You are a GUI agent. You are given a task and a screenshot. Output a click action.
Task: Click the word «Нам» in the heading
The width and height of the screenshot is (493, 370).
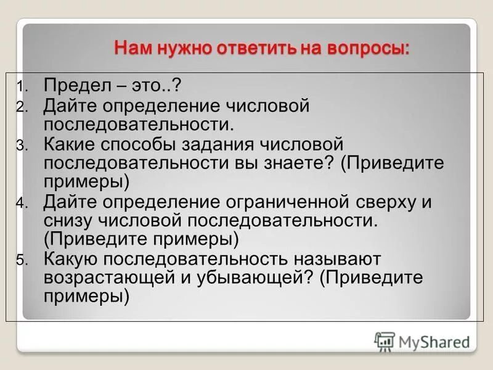pyautogui.click(x=132, y=49)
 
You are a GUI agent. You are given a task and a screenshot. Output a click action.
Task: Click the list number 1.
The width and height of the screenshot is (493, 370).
pyautogui.click(x=20, y=86)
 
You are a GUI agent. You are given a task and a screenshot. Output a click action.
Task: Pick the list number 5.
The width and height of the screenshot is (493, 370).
pyautogui.click(x=20, y=261)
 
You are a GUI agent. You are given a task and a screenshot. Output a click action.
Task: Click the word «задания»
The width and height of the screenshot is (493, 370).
pyautogui.click(x=224, y=144)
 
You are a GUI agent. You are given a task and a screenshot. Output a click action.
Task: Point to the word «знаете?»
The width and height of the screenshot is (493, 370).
pyautogui.click(x=290, y=163)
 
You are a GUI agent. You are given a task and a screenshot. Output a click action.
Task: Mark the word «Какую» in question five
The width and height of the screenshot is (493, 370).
pyautogui.click(x=70, y=259)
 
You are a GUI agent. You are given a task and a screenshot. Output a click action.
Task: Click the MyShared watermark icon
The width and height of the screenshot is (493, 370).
pyautogui.click(x=385, y=342)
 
